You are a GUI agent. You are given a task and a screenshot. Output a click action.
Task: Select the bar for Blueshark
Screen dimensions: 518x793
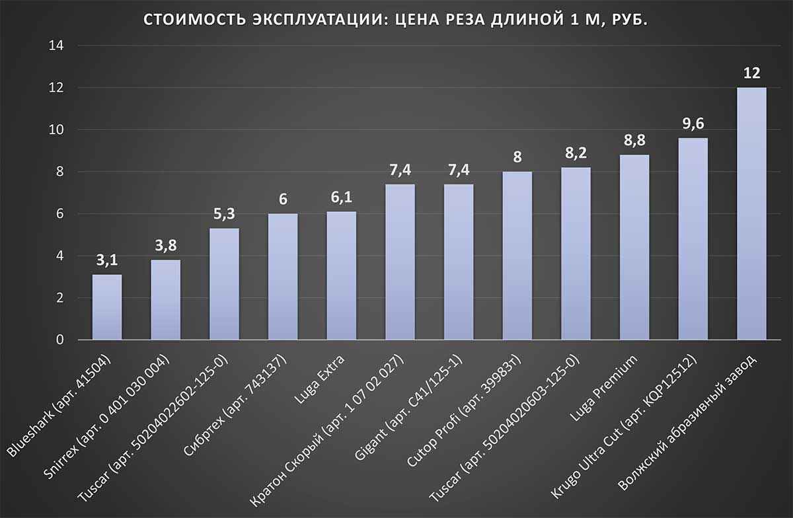tap(107, 307)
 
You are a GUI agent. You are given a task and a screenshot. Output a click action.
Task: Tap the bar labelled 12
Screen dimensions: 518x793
tap(751, 213)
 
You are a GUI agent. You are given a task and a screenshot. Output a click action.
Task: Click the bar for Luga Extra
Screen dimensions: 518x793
tap(342, 276)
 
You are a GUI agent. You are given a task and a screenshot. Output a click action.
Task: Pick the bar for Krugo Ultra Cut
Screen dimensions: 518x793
tap(693, 239)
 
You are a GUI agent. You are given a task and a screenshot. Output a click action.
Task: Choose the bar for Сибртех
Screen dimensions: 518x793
tap(283, 277)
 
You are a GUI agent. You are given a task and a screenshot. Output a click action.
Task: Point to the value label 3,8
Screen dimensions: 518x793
tap(166, 247)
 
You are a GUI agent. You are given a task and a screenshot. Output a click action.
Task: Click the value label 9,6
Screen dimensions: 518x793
tap(693, 125)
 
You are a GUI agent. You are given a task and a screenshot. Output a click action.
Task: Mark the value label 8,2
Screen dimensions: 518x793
tap(576, 154)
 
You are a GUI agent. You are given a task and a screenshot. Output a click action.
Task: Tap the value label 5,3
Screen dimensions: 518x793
tap(224, 215)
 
